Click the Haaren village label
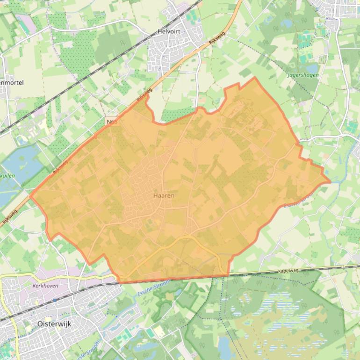(x=164, y=195)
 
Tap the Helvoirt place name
(x=169, y=32)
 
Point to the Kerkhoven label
(x=45, y=285)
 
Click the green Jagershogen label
(x=303, y=74)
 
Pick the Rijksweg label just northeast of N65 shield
(x=144, y=97)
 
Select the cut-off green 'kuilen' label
(x=7, y=176)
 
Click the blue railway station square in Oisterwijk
(x=55, y=300)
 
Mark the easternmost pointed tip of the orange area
(x=330, y=181)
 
